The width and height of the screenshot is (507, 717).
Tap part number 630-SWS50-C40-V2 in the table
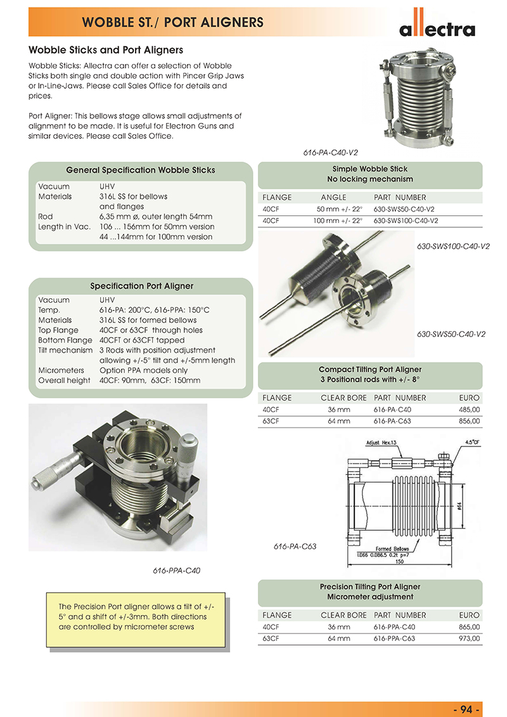coord(405,209)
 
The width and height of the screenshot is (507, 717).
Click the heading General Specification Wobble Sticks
coord(141,170)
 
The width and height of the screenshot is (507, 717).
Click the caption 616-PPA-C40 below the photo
coord(177,571)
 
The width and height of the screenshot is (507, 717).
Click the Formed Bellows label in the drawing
coord(392,549)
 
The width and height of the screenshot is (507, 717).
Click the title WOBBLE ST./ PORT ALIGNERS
coord(172,23)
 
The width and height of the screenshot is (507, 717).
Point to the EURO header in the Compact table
coord(470,398)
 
